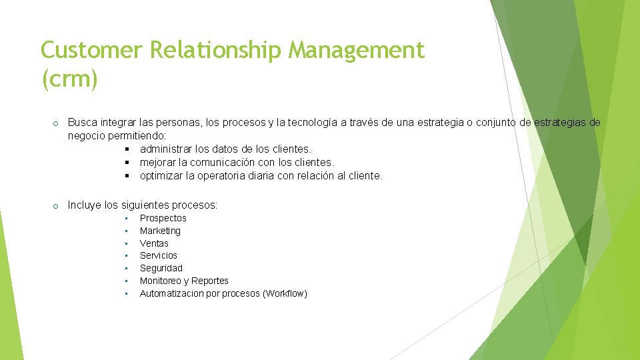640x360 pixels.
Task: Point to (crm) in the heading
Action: click(x=69, y=79)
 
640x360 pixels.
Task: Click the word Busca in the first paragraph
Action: click(x=81, y=123)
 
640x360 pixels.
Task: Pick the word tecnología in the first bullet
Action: click(x=311, y=123)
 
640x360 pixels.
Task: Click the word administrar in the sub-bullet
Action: click(x=167, y=149)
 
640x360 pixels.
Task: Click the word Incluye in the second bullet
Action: click(x=85, y=205)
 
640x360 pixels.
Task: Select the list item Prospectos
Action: click(x=163, y=218)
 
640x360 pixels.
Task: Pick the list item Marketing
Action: click(x=160, y=231)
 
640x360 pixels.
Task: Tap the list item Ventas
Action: click(x=154, y=243)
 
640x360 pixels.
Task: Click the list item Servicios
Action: click(x=159, y=255)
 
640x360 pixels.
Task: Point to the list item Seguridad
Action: click(x=161, y=268)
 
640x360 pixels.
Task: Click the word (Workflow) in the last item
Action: click(x=285, y=293)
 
